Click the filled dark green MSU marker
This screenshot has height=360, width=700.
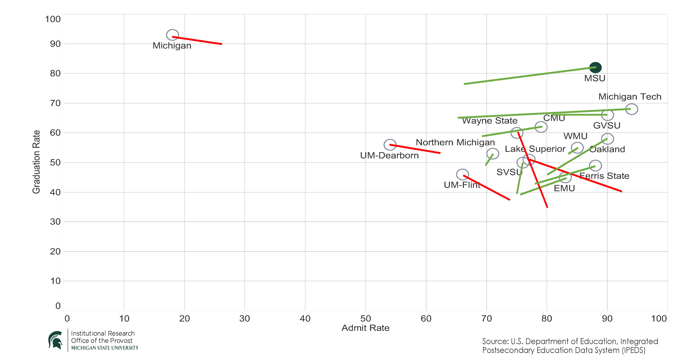tap(595, 67)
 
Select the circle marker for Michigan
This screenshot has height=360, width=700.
tap(172, 35)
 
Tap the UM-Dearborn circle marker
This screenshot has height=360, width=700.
tap(390, 145)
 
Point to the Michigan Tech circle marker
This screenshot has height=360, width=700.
tap(632, 109)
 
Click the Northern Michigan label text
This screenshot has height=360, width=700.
tap(455, 142)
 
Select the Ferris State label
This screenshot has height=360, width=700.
tap(604, 176)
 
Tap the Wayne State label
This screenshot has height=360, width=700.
tap(490, 120)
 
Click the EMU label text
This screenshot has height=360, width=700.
tap(564, 188)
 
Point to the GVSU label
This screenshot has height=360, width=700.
tap(607, 125)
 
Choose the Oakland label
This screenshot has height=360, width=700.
tap(607, 149)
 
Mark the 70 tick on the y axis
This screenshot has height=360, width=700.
tap(55, 103)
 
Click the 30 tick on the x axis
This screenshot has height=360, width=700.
tap(245, 318)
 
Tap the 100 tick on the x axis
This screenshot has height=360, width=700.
tap(659, 318)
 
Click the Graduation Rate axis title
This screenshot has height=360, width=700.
tap(36, 162)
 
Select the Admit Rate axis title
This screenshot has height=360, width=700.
tap(366, 328)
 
